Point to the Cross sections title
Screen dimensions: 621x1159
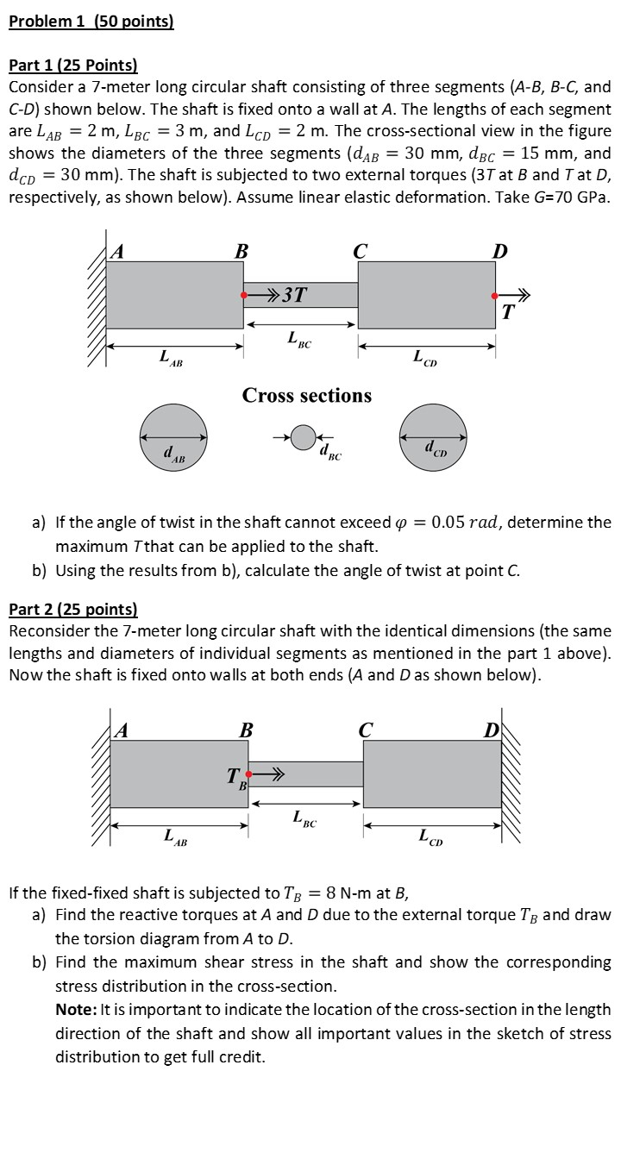306,396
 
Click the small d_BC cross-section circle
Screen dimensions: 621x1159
303,438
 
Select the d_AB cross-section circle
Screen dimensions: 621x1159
174,437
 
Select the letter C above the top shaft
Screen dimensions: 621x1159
360,253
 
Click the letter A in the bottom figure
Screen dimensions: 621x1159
122,730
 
